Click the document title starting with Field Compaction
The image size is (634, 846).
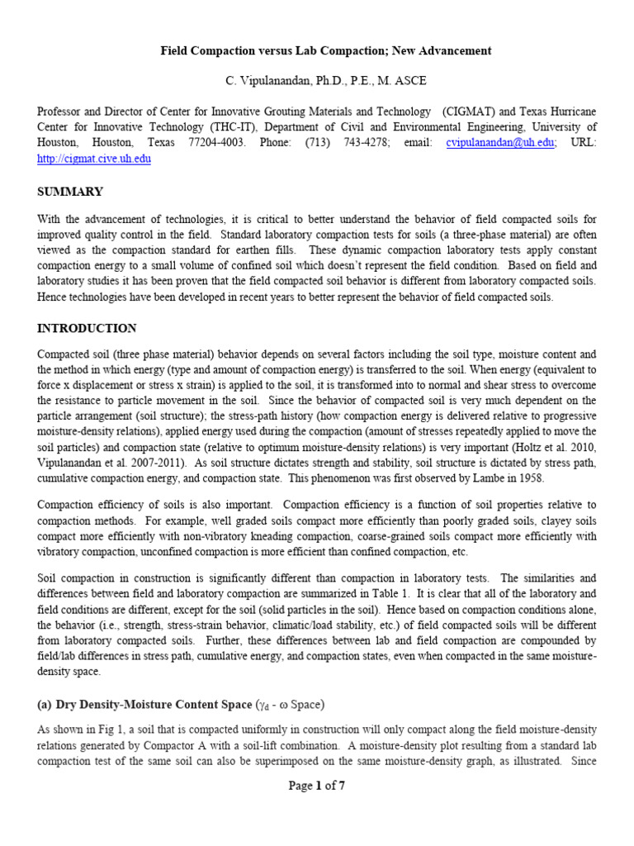click(326, 50)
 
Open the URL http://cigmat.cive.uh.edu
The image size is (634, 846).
click(94, 159)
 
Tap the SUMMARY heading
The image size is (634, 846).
click(70, 192)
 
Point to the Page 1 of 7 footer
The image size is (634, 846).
click(317, 786)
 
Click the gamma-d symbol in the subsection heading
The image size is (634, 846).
click(265, 705)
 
